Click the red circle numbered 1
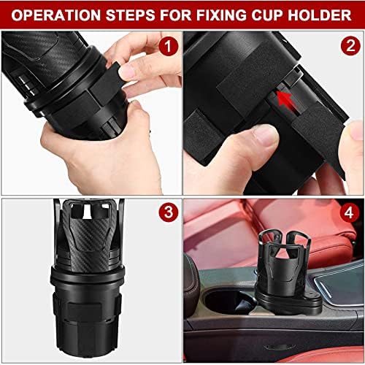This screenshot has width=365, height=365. (x=169, y=49)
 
